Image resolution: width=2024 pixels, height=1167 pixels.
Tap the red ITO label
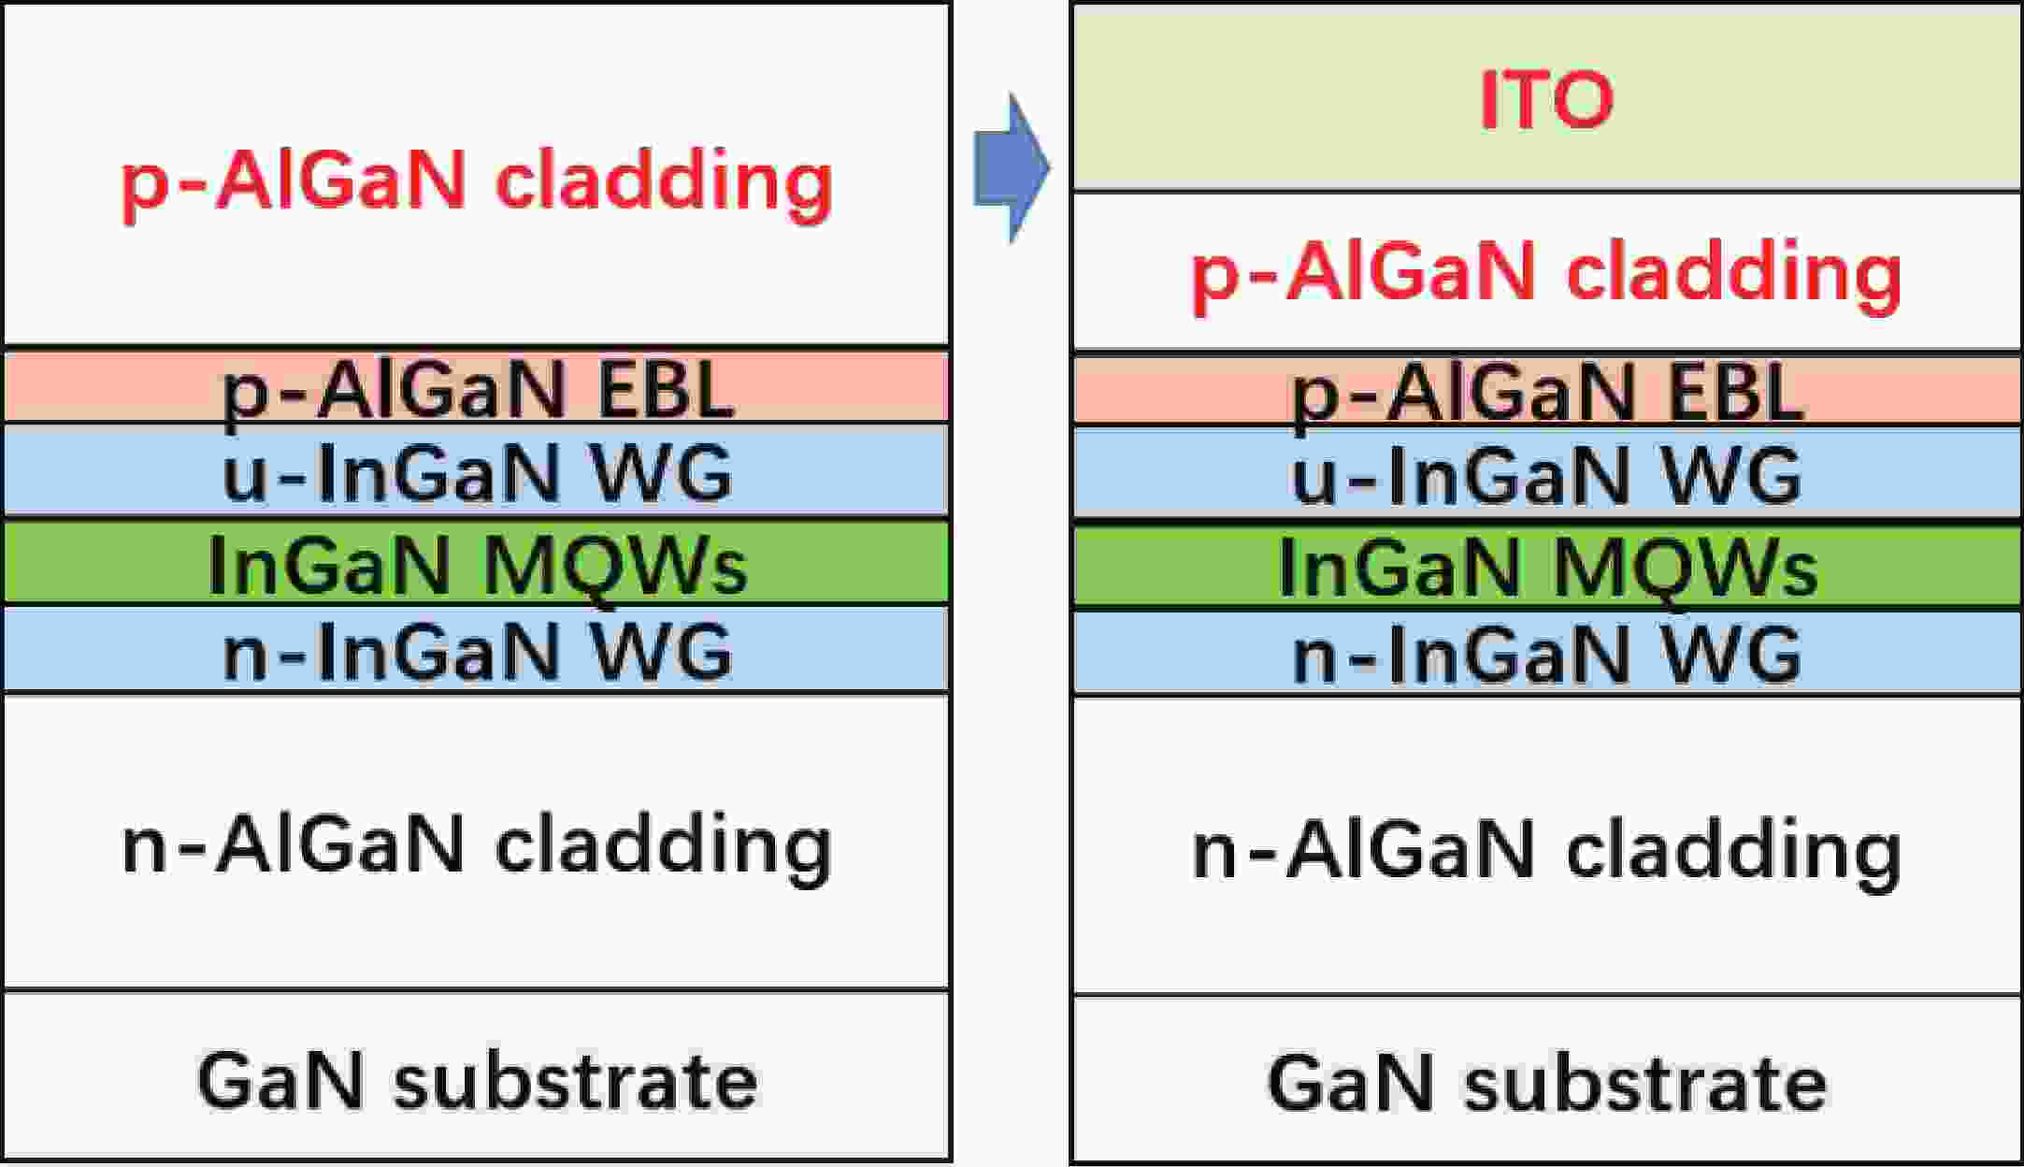coord(1546,100)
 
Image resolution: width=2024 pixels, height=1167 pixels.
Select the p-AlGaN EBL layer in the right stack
coord(1547,391)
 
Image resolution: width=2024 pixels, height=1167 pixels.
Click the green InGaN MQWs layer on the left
coord(477,563)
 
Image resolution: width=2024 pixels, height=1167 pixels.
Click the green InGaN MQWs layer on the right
coord(1547,567)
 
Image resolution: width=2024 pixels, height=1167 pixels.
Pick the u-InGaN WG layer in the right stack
coord(1547,476)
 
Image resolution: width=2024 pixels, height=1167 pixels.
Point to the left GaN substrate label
coord(477,1080)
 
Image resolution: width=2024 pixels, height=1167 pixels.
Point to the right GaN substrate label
coord(1547,1083)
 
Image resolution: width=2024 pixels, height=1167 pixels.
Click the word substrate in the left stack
coord(575,1080)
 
